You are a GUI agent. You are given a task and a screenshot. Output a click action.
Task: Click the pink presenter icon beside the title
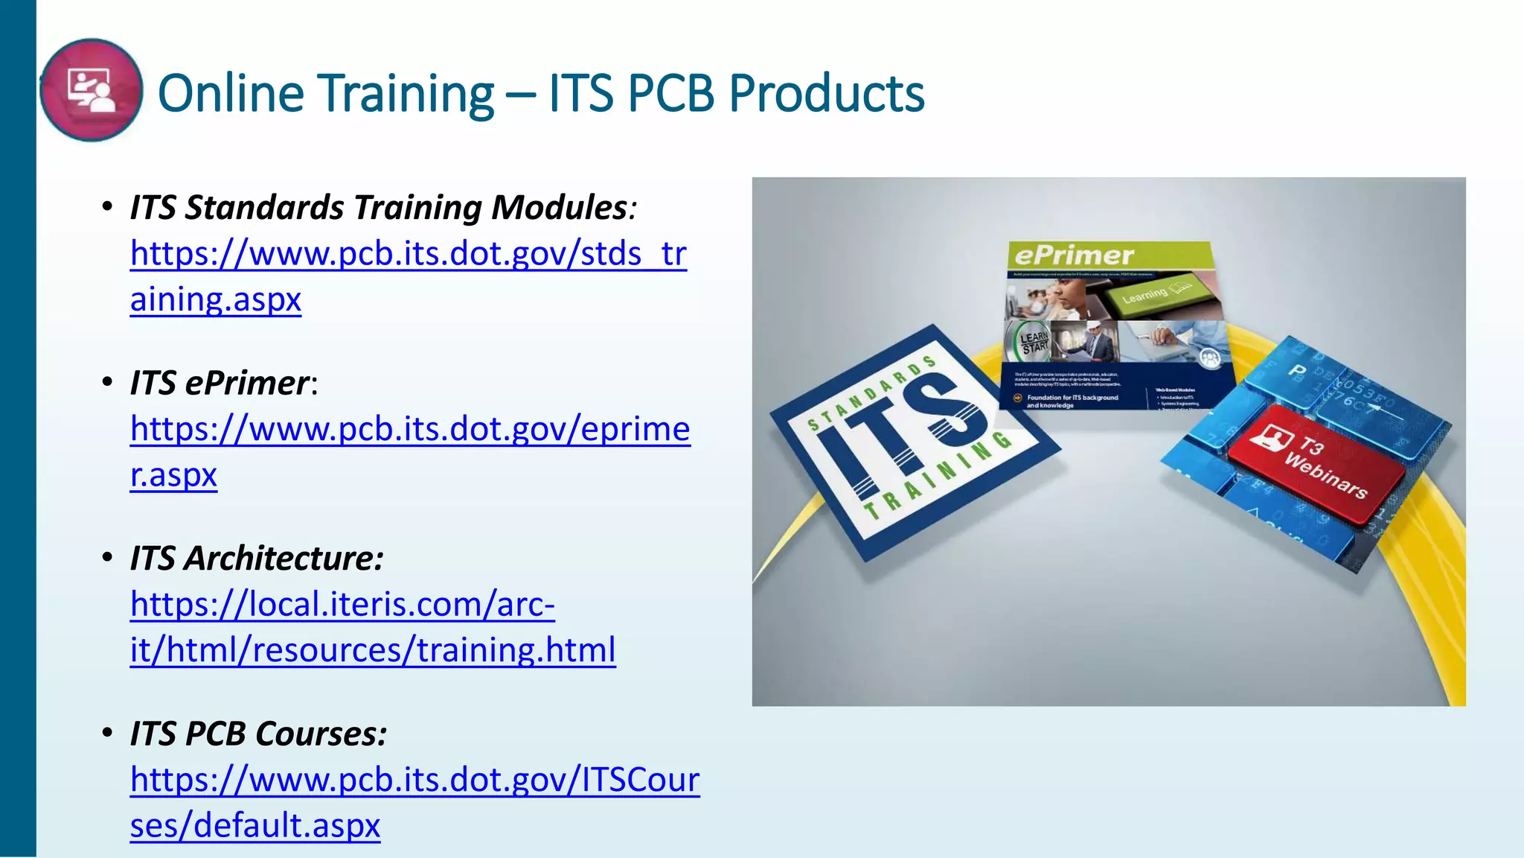(91, 90)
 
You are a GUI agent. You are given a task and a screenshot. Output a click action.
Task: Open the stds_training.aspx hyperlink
(408, 254)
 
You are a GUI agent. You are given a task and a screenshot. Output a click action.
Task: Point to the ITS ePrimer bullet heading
(220, 384)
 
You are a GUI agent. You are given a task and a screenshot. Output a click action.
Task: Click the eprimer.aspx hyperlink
(410, 429)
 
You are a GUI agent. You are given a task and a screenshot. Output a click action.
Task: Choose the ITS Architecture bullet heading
(257, 559)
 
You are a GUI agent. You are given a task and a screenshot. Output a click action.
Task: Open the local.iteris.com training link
(342, 605)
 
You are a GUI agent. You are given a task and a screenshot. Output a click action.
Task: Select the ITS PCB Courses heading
(258, 734)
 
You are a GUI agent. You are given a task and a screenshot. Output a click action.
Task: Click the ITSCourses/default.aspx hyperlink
(414, 780)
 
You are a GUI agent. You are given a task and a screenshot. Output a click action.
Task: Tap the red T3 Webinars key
(1316, 463)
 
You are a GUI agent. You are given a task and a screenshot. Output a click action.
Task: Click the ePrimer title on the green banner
(1074, 255)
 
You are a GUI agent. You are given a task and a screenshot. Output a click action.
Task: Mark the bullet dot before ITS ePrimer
(108, 382)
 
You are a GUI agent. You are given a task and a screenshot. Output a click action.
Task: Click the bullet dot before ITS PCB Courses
(108, 733)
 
